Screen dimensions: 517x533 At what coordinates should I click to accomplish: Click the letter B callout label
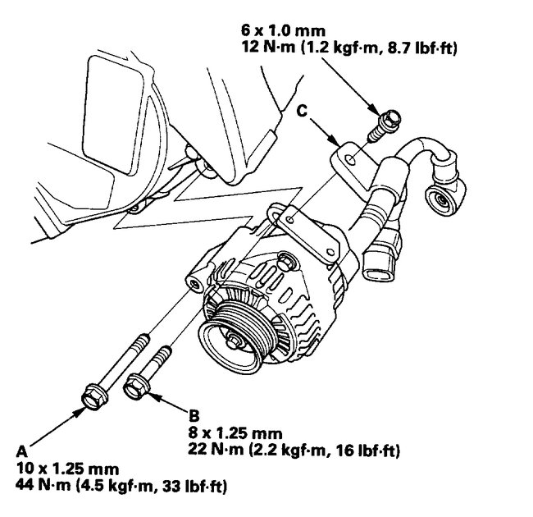(193, 416)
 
